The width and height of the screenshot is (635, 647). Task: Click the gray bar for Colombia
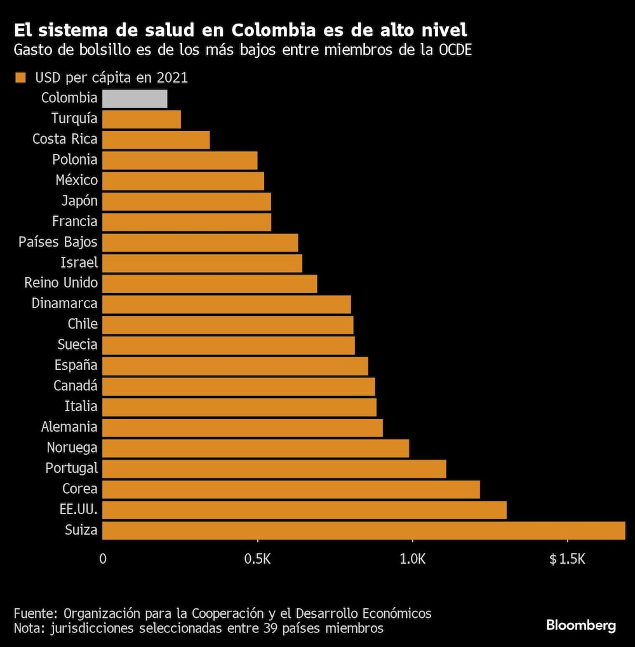point(135,99)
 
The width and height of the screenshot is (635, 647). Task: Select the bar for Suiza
point(363,530)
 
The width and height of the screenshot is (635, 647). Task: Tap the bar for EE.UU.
point(304,510)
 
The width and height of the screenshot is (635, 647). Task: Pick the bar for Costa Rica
point(156,140)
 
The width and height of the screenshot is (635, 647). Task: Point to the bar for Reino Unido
point(210,283)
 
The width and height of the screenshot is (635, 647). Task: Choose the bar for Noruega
point(255,448)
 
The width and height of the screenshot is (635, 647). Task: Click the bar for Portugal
point(274,469)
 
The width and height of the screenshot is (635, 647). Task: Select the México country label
point(76,180)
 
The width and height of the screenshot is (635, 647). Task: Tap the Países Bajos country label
point(58,242)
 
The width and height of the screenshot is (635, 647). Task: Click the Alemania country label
point(69,427)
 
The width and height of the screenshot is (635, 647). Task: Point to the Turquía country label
point(74,119)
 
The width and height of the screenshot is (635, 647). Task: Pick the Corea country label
point(79,489)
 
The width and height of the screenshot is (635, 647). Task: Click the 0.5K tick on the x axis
point(257,559)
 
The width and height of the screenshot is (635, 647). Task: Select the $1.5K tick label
point(567,559)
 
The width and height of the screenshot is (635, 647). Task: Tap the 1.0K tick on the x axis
point(413,559)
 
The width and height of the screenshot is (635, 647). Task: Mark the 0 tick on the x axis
point(103,559)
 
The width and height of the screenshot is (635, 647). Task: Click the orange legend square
point(20,78)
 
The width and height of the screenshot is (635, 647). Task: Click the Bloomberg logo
point(580,625)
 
